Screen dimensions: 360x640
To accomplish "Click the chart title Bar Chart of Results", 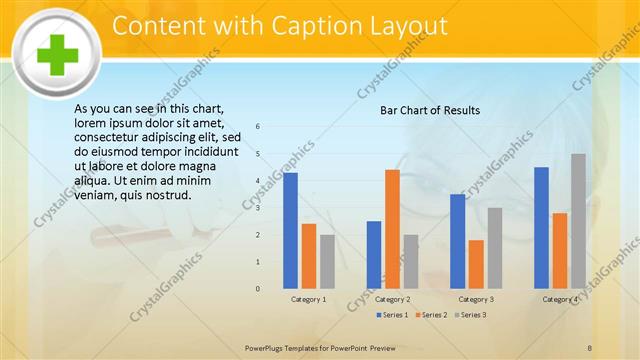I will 430,110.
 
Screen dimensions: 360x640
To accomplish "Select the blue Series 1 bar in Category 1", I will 290,230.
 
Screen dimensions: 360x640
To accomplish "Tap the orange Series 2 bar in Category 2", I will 392,229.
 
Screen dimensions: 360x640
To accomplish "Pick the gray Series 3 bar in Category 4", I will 578,221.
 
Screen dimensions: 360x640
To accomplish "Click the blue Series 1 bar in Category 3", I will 457,241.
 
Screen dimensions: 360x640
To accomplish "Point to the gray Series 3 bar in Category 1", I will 327,261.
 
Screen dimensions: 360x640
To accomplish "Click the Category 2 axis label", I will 392,299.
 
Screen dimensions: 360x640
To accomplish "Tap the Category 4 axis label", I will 560,299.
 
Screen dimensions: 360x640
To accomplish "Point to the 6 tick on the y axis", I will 258,127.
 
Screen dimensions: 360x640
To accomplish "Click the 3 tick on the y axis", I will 258,208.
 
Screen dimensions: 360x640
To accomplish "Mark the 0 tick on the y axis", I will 258,289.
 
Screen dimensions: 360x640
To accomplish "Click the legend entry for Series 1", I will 392,315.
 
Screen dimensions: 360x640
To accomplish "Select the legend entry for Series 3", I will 470,315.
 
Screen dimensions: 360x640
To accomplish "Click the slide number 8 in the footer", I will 590,347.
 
